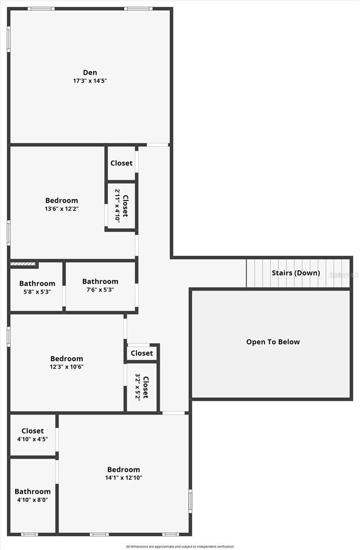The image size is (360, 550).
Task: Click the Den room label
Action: point(90,72)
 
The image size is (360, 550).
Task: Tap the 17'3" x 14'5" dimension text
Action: point(90,81)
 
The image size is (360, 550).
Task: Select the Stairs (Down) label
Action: point(296,273)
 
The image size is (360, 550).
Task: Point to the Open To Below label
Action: point(273,342)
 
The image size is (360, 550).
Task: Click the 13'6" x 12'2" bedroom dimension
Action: point(61,209)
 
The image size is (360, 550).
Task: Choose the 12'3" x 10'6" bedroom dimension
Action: point(67,367)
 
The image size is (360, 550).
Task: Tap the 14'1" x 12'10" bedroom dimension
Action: point(124,478)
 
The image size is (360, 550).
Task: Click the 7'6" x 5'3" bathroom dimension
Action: point(100,290)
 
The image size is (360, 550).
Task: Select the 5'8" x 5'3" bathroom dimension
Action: point(37,292)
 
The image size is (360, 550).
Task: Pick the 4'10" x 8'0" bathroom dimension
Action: point(33,500)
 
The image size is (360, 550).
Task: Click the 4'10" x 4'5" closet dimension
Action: point(33,439)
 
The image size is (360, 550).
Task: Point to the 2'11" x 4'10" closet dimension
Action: point(117,206)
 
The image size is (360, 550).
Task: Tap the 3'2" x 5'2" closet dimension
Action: point(138,387)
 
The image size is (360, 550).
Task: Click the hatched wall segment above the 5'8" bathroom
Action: point(22,264)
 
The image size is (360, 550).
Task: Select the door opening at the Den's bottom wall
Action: point(157,145)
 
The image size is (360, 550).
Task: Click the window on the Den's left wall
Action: point(9,39)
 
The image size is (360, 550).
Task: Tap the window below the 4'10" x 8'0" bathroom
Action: point(29,534)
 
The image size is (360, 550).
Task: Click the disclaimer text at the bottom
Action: point(180,546)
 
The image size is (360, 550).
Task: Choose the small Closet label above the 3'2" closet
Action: point(142,353)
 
